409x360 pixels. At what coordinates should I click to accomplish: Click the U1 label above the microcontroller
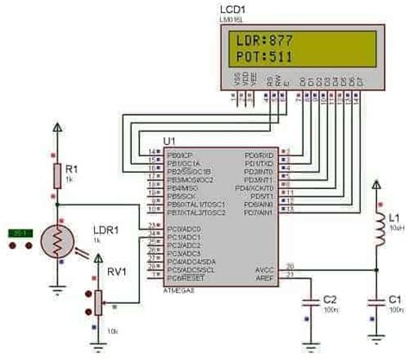(x=169, y=141)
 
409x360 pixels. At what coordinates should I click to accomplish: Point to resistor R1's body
(x=58, y=175)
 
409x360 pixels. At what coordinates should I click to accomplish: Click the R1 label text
(x=72, y=167)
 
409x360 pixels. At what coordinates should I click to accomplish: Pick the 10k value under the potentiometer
(x=111, y=332)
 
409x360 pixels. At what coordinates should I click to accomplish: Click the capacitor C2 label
(x=330, y=298)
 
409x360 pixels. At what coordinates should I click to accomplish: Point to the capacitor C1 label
(x=393, y=298)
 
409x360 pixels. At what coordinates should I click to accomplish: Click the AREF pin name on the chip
(x=264, y=276)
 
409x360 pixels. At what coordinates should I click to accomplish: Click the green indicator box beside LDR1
(x=21, y=233)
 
